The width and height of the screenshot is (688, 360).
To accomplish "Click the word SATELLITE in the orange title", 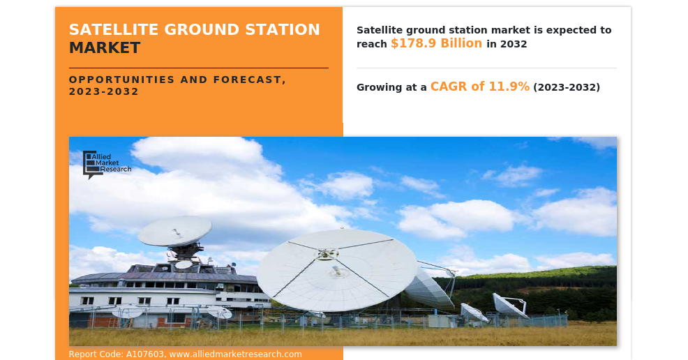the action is coord(114,29).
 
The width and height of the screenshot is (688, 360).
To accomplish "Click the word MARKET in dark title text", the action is coord(105,48).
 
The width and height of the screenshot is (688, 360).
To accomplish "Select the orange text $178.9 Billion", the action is coord(437,43).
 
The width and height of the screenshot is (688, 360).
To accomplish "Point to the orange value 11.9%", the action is coord(509,87).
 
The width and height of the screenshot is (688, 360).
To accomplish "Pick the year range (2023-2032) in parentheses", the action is coord(567,87).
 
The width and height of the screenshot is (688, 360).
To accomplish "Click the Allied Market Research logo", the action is coord(107,165).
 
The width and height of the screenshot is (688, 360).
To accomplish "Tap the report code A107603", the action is coord(145,354).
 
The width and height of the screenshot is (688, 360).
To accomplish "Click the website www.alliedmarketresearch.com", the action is coord(235,354).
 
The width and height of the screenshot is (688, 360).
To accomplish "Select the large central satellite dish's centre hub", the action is coord(326,254).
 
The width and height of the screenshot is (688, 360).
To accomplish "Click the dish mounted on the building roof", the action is coord(174,231).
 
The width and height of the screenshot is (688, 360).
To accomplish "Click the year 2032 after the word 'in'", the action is coord(514,44).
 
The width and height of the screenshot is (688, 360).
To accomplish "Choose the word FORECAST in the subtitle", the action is coord(250,80).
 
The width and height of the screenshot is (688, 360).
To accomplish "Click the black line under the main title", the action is coord(199,68).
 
